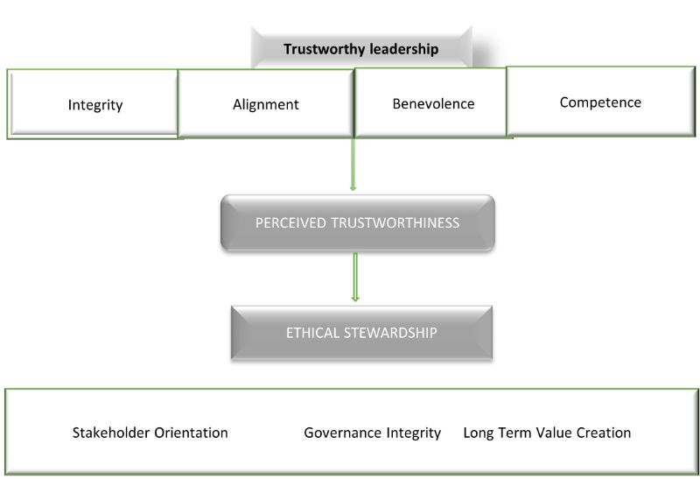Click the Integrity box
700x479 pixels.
94,104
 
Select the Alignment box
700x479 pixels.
266,104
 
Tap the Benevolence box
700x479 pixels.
433,103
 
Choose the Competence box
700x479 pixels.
600,102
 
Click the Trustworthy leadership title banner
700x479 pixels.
360,49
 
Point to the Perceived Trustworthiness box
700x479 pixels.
357,222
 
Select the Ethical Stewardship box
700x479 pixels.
361,333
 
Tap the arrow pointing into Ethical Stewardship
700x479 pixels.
355,277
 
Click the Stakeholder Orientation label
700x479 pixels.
150,433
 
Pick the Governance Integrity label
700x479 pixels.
372,433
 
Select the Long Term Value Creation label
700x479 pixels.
547,433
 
